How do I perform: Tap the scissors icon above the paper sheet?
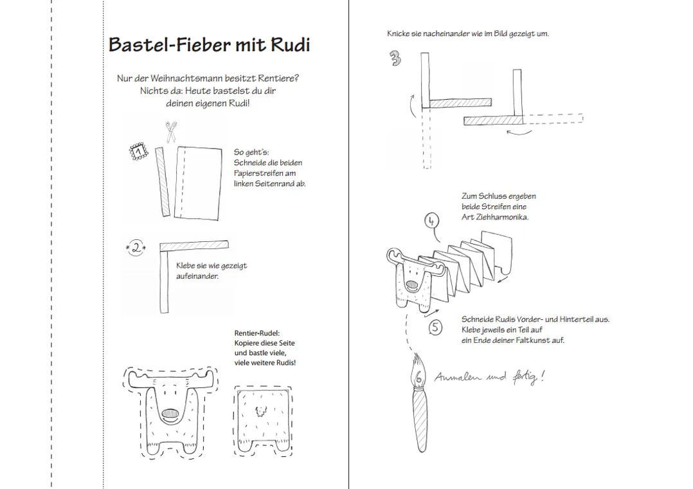pos(170,132)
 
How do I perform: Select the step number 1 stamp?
pos(138,152)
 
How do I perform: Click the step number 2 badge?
pos(136,248)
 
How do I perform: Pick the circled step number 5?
pos(436,328)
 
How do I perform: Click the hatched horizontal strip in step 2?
pos(194,244)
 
